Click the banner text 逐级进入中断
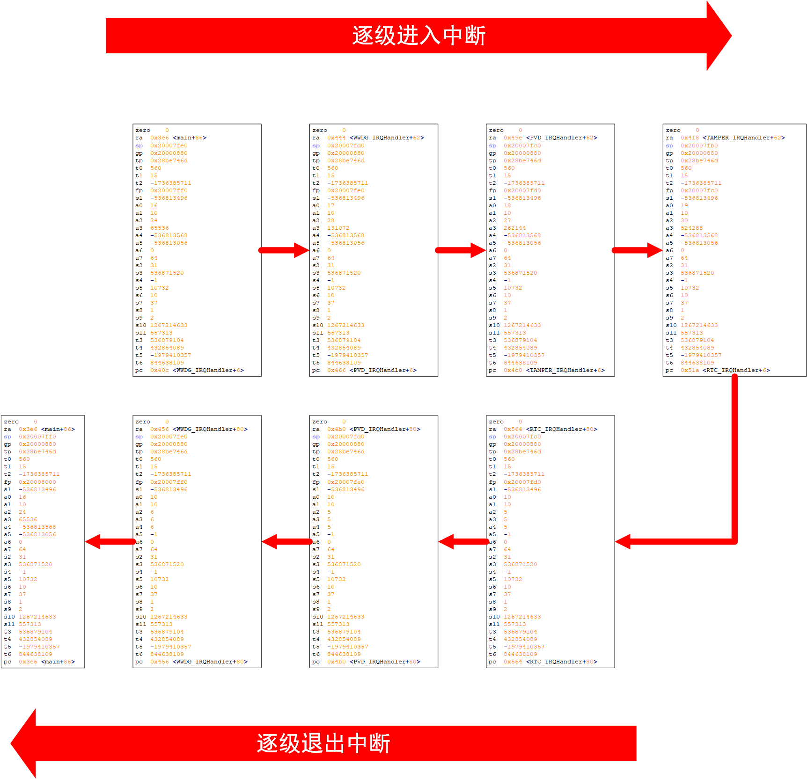pos(419,36)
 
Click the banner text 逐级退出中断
pos(323,743)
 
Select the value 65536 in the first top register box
pos(159,228)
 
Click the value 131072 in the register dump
pos(338,228)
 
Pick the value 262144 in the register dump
pos(514,228)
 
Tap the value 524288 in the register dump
pos(691,228)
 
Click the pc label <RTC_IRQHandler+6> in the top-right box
pos(736,371)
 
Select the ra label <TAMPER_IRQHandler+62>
pos(743,138)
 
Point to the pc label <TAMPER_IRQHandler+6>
pos(565,371)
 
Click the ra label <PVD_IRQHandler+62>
pos(561,138)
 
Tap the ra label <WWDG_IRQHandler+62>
pos(387,138)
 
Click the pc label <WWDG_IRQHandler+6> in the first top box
pos(208,371)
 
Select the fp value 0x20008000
pos(37,482)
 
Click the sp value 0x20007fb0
pos(699,146)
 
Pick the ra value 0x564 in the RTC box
pos(513,430)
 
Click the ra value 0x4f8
pos(690,138)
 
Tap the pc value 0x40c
pos(159,371)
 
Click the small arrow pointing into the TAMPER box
pos(637,250)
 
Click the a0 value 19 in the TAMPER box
pos(684,206)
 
